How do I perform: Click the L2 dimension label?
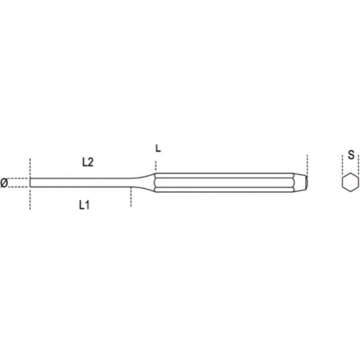pos(88,162)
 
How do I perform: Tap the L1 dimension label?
pos(84,205)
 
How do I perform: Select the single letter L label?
pos(158,148)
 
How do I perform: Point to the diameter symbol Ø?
pos(4,183)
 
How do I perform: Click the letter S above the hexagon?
pos(351,155)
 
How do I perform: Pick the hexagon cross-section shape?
pos(351,182)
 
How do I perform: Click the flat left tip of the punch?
pos(30,183)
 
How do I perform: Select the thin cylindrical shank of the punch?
pos(81,183)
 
